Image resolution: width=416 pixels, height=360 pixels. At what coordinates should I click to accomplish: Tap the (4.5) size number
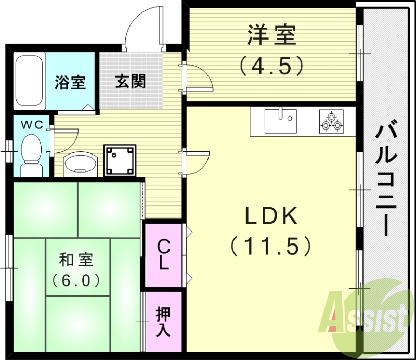tap(271, 66)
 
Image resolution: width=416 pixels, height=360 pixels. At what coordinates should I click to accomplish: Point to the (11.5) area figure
tap(271, 246)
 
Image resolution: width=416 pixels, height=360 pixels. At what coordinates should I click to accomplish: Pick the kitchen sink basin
tap(280, 121)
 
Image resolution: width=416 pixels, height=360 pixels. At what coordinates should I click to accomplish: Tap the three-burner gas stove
tap(331, 121)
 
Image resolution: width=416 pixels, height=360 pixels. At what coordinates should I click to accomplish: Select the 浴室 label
tap(70, 83)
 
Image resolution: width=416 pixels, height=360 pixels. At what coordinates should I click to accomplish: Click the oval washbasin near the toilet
tap(80, 163)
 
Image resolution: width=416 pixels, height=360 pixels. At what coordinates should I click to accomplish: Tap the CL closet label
tap(163, 254)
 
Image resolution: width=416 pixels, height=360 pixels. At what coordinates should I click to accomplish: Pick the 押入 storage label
tap(163, 322)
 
